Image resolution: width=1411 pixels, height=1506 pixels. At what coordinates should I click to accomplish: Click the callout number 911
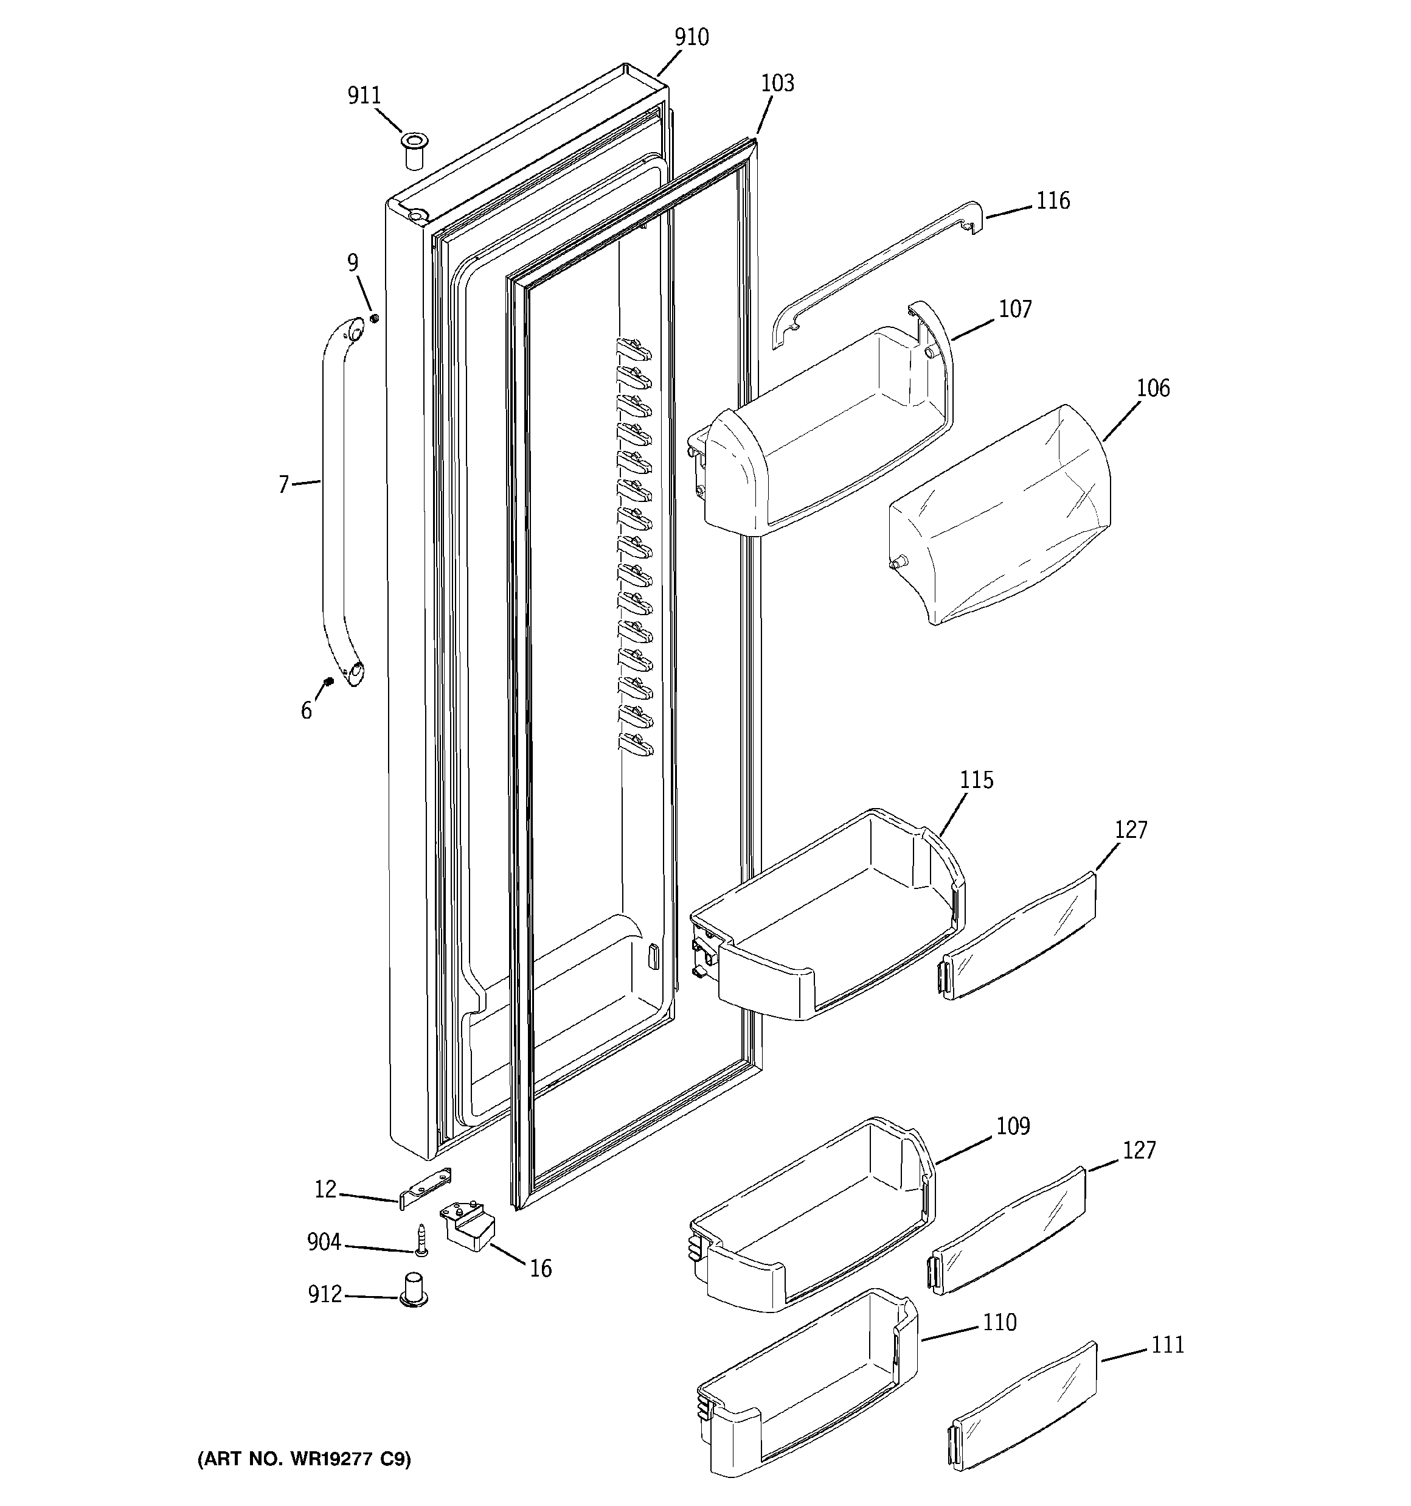pos(364,96)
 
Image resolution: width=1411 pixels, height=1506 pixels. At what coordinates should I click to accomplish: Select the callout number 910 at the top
pos(691,37)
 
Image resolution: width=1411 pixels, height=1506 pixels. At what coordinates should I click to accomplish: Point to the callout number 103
pos(777,83)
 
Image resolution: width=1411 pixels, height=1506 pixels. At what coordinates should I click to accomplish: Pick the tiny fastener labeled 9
pos(374,318)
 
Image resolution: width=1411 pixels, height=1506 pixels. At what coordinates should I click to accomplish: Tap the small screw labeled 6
pos(328,681)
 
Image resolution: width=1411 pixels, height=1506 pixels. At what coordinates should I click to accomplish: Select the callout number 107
pos(1015,309)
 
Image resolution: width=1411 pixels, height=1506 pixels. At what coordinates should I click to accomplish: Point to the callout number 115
pos(976,780)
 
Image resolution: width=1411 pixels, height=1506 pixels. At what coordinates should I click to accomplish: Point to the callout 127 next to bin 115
pos(1130,829)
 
